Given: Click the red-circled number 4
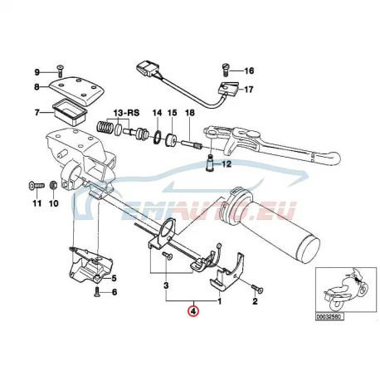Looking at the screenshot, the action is (x=193, y=311).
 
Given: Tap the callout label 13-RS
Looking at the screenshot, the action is (x=127, y=113).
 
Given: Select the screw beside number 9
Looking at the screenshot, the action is (x=60, y=71).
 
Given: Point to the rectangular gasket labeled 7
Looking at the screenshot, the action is (x=70, y=113).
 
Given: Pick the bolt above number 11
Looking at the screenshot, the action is (x=37, y=185).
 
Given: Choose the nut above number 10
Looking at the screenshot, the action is (x=53, y=185).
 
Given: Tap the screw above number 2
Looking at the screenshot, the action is (x=257, y=290).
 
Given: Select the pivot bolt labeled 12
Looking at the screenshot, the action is (x=211, y=163).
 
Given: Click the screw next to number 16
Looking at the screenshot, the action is (x=226, y=70).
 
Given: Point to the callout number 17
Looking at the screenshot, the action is (x=249, y=90).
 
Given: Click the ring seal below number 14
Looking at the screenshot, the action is (x=158, y=138).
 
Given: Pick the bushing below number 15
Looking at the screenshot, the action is (x=172, y=139).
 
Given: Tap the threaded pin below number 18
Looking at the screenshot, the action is (x=192, y=144).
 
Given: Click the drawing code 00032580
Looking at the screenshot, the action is (x=329, y=317).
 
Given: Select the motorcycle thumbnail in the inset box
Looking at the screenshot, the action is (x=346, y=289).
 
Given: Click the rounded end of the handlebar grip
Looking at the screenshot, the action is (x=310, y=247).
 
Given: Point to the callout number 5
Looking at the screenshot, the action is (x=114, y=279).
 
